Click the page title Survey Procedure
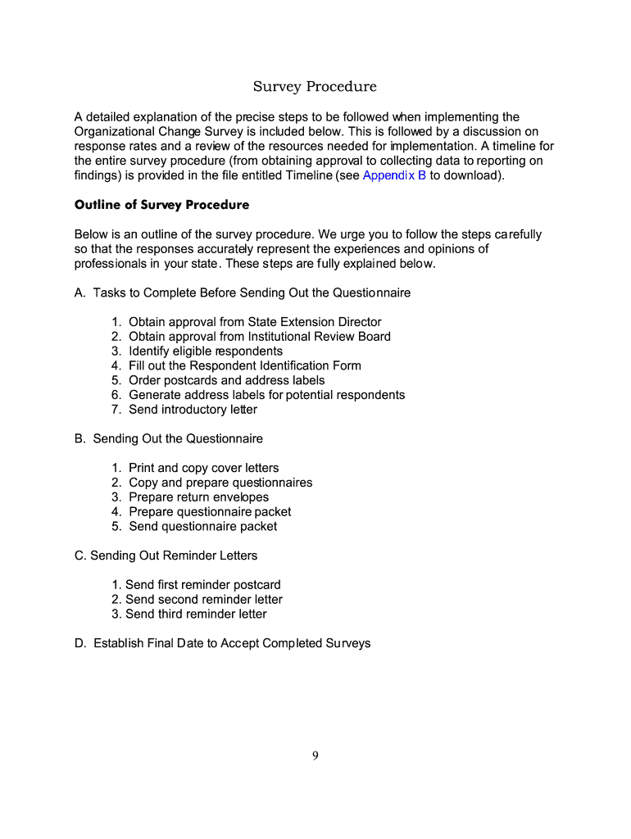(315, 87)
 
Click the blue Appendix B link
(393, 176)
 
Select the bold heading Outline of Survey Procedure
(161, 205)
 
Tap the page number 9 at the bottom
(315, 756)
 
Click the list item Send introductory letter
(193, 410)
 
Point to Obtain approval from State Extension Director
(255, 322)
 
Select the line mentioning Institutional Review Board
(260, 337)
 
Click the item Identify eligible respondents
(206, 351)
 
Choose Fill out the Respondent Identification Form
(244, 365)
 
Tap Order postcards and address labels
(226, 380)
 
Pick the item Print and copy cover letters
(203, 468)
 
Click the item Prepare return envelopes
(198, 497)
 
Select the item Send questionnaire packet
(202, 527)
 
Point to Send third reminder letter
(196, 614)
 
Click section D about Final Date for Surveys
(222, 643)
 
